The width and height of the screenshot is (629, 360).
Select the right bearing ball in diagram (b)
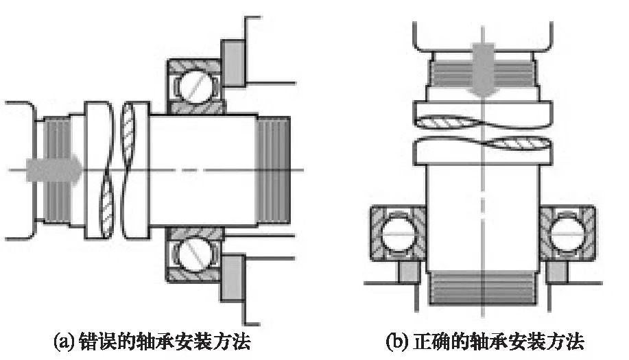coord(567,232)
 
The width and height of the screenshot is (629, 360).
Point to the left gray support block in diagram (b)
coord(405,272)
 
